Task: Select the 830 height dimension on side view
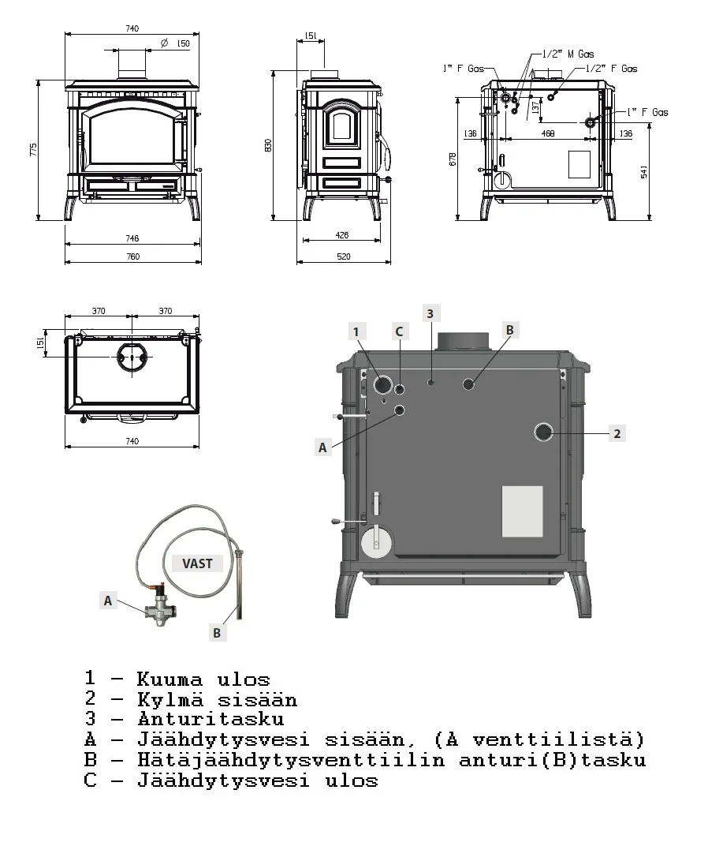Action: click(x=268, y=145)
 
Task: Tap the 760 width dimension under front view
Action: click(x=132, y=256)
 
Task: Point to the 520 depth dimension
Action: click(x=343, y=256)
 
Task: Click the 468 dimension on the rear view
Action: click(x=547, y=134)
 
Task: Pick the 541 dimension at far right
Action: click(x=644, y=171)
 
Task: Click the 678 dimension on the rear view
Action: click(x=453, y=159)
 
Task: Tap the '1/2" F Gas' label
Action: click(x=612, y=69)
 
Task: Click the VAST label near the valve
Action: click(x=197, y=563)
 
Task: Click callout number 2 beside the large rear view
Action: click(x=617, y=432)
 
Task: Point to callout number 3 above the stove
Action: click(x=430, y=313)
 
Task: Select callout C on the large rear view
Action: click(x=399, y=331)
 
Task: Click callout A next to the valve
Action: click(x=109, y=601)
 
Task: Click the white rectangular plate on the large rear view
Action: click(x=523, y=511)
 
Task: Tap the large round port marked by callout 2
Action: click(x=543, y=432)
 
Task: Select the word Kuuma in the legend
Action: click(x=170, y=679)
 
